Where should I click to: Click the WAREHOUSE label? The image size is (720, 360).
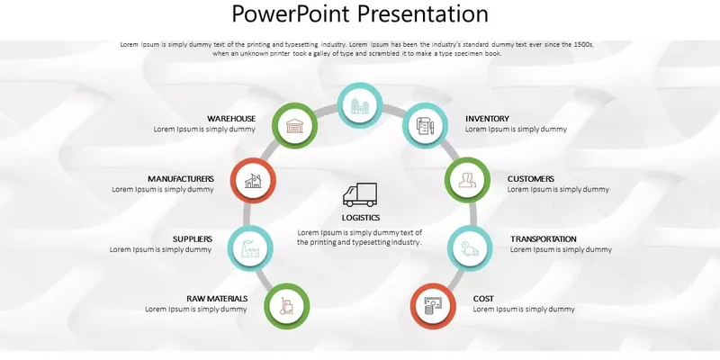pyautogui.click(x=231, y=119)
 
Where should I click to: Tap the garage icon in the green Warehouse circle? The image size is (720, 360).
pyautogui.click(x=294, y=125)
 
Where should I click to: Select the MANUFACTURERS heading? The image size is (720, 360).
pyautogui.click(x=181, y=178)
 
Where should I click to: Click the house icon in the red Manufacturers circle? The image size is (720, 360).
pyautogui.click(x=253, y=181)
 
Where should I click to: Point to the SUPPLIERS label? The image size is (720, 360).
pyautogui.click(x=193, y=238)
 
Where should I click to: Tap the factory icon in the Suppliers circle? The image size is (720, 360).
pyautogui.click(x=250, y=248)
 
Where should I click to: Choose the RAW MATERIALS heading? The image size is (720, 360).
pyautogui.click(x=217, y=299)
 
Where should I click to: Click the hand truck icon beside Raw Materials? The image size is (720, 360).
pyautogui.click(x=286, y=306)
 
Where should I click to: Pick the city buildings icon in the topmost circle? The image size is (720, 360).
pyautogui.click(x=359, y=105)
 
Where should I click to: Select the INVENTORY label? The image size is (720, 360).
pyautogui.click(x=487, y=119)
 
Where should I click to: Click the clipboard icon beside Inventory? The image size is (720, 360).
pyautogui.click(x=425, y=125)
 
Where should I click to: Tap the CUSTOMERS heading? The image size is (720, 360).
pyautogui.click(x=530, y=178)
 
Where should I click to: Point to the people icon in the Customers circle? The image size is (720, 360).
pyautogui.click(x=467, y=180)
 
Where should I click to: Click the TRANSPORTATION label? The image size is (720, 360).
pyautogui.click(x=544, y=238)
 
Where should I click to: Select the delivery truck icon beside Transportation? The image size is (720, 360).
pyautogui.click(x=470, y=248)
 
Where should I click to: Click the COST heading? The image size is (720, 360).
pyautogui.click(x=483, y=299)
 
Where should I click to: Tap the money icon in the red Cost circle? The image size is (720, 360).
pyautogui.click(x=433, y=306)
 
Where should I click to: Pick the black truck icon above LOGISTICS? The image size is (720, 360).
pyautogui.click(x=360, y=194)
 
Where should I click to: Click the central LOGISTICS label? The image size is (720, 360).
pyautogui.click(x=361, y=218)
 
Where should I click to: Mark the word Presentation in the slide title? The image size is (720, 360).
pyautogui.click(x=423, y=13)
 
